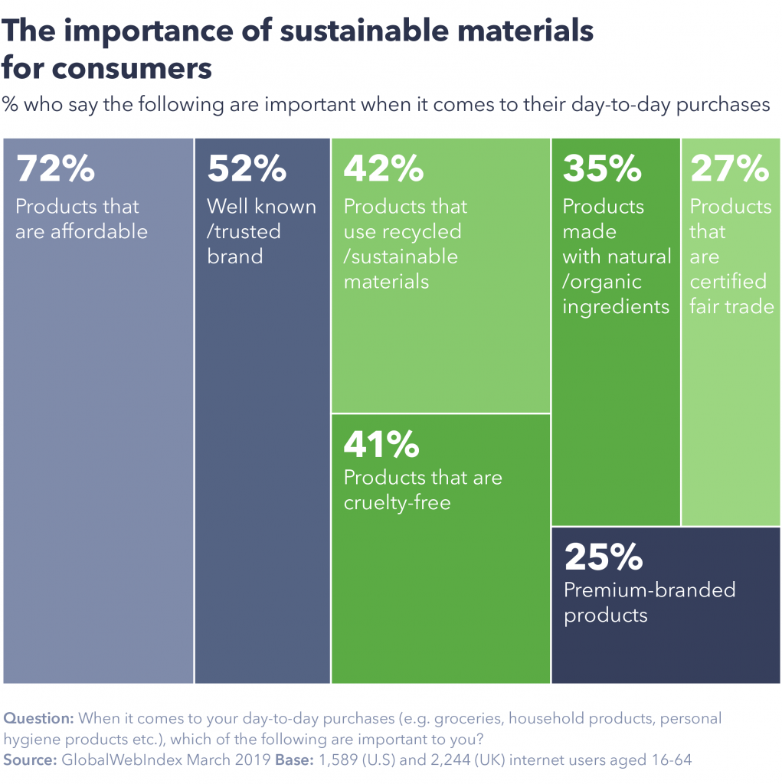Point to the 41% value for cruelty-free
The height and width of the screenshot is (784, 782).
pos(381,443)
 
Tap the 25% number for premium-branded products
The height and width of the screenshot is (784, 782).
pos(604,558)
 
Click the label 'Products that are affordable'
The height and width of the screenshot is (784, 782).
pos(81,219)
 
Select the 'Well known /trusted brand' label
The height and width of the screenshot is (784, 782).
pos(261,231)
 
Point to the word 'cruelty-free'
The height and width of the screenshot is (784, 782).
pos(397,503)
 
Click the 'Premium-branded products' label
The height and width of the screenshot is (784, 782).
pos(649,603)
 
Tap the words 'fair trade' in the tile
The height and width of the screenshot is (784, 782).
pos(731,307)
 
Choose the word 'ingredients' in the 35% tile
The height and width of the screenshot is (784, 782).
pos(617,307)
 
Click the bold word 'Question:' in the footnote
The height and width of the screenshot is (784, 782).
pos(39,719)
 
